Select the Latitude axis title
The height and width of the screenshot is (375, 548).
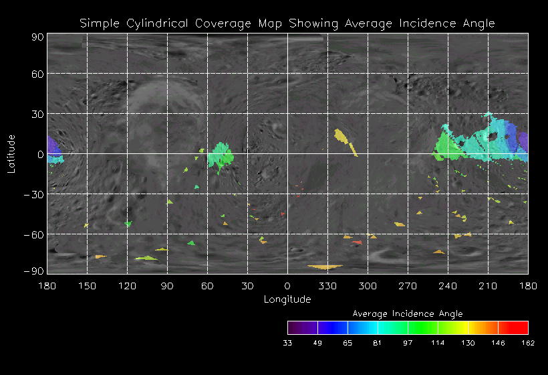click(x=11, y=153)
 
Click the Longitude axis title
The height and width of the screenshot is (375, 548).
click(x=287, y=299)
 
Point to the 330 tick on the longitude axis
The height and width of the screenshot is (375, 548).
click(x=327, y=285)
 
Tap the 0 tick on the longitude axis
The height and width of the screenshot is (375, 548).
click(x=287, y=285)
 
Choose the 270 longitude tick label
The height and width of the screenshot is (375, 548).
click(x=408, y=285)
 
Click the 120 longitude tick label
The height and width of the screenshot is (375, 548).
click(x=127, y=285)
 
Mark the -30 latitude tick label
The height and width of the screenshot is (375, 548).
click(x=33, y=194)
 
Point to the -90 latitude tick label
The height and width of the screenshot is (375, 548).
click(x=33, y=271)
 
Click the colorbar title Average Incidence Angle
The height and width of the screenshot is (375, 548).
click(x=407, y=313)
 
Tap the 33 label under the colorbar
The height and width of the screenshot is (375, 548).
click(x=287, y=344)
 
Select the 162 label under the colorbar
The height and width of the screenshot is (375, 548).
click(x=528, y=344)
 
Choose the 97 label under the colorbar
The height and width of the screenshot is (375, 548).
click(x=408, y=344)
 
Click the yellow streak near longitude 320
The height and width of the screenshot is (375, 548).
click(x=346, y=140)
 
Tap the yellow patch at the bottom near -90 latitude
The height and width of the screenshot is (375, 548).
click(x=325, y=267)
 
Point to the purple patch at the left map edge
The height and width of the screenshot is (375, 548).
click(x=53, y=148)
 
